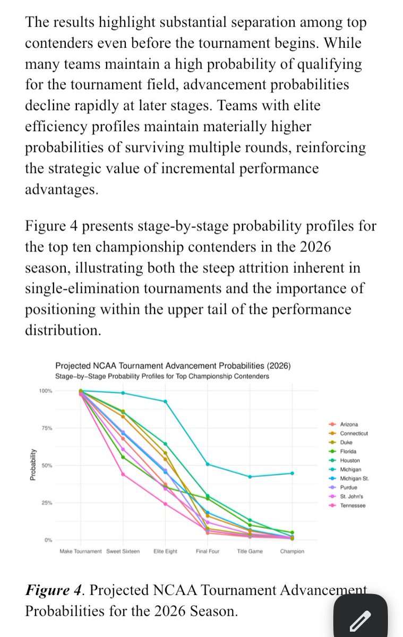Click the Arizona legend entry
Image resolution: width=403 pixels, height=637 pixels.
click(x=348, y=424)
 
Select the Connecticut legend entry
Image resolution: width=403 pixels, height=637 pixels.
click(x=354, y=433)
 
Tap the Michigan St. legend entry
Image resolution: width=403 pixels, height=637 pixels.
click(x=354, y=478)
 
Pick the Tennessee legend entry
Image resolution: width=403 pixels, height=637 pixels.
click(x=353, y=505)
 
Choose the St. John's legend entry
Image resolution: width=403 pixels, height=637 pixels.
click(x=351, y=496)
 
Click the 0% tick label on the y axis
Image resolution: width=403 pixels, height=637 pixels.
click(x=47, y=540)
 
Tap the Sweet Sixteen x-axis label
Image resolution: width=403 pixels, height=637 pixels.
click(x=123, y=552)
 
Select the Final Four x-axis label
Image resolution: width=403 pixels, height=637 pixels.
click(x=208, y=552)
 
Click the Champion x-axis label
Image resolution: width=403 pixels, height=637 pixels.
click(x=292, y=552)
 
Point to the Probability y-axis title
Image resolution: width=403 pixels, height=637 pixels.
click(x=32, y=465)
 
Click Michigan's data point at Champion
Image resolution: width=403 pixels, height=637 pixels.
click(x=292, y=473)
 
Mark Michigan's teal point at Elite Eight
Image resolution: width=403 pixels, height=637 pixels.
click(x=165, y=401)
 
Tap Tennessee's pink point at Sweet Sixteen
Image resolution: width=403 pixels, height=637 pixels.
click(x=123, y=474)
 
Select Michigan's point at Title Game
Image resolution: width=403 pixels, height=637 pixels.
click(x=250, y=477)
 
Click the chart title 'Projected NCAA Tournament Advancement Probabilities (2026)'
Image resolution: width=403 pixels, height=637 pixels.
click(x=173, y=366)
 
